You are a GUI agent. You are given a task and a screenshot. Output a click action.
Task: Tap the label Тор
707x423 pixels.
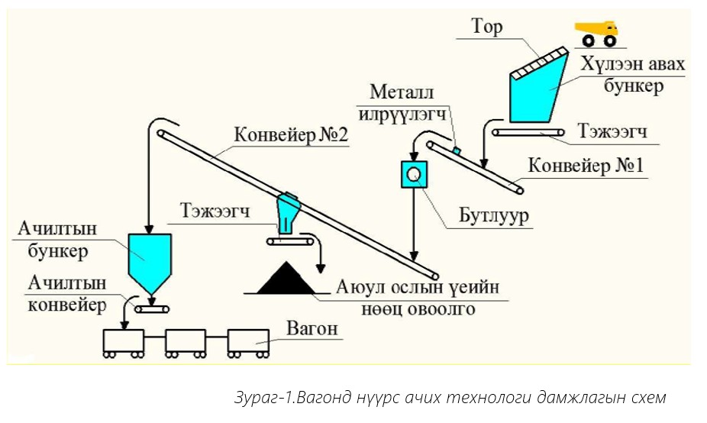(x=487, y=28)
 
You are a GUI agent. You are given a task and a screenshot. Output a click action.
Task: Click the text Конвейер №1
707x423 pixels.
(x=586, y=165)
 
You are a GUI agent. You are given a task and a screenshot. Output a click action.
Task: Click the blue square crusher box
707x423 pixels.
(x=414, y=175)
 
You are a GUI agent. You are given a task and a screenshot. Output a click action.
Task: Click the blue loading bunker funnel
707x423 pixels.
(x=150, y=260)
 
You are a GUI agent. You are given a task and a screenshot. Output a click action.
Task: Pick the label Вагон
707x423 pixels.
(x=312, y=330)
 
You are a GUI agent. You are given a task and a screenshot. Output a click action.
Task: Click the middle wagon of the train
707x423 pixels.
(x=185, y=341)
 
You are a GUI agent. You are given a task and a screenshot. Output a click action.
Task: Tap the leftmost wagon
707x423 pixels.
(x=124, y=341)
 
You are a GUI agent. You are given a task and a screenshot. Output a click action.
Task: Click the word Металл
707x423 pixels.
(x=402, y=93)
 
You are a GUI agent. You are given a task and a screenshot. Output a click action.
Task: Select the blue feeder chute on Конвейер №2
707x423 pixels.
(x=286, y=213)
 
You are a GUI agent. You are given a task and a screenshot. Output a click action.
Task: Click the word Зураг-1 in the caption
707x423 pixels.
(x=263, y=399)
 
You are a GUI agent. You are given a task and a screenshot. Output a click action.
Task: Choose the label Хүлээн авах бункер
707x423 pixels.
(x=633, y=74)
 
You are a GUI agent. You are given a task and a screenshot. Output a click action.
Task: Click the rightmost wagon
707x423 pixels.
(x=248, y=341)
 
